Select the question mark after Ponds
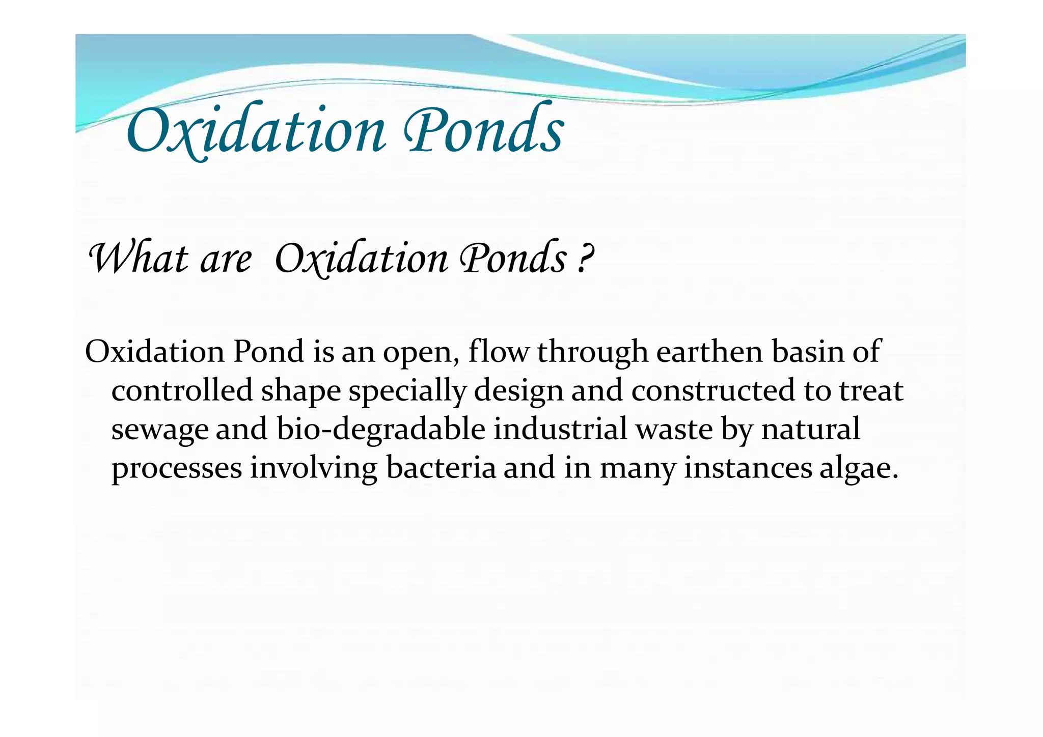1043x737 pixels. point(586,259)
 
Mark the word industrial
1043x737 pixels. point(560,430)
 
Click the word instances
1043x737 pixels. point(747,468)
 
